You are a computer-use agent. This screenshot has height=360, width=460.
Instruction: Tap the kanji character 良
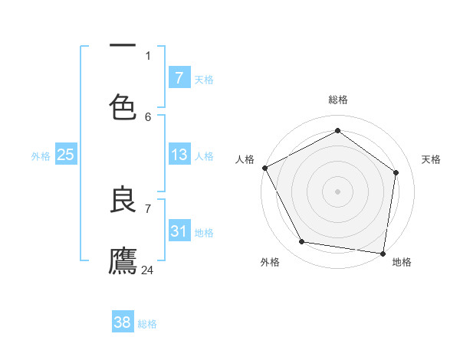pos(123,200)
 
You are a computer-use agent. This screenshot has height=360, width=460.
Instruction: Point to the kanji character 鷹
pos(123,260)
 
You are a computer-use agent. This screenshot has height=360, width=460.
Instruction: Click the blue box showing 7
pos(179,77)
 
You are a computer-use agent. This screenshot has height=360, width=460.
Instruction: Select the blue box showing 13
pos(179,155)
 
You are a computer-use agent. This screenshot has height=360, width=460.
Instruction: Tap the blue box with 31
pos(179,231)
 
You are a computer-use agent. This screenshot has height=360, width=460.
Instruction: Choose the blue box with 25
pos(65,155)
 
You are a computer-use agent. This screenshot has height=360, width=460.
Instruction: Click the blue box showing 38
pos(123,322)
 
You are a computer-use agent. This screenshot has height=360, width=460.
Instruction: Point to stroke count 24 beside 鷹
pos(148,270)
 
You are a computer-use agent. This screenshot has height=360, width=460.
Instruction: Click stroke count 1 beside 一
pos(148,55)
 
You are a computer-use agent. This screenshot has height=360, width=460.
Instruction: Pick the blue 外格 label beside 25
pos(41,156)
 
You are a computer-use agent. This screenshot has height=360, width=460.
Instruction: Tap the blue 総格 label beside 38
pos(147,324)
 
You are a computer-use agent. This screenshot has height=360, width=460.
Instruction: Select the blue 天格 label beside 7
pos(204,79)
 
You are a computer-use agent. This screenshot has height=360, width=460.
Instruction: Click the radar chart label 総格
pos(338,100)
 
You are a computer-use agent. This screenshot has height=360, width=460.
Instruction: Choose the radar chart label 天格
pos(432,159)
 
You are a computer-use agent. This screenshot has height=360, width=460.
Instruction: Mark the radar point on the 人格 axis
pos(264,168)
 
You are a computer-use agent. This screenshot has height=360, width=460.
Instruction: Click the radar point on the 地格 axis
pos(383,253)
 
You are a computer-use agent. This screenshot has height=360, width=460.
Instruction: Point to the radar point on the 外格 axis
pos(302,242)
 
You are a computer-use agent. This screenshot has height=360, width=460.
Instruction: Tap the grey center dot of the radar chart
pos(338,191)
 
